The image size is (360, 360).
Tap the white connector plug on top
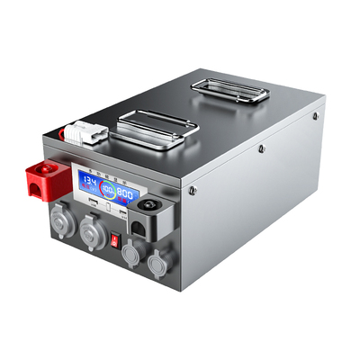(x=88, y=133)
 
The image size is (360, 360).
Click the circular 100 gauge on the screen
(x=108, y=189)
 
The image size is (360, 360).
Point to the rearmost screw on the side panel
(x=315, y=116)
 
